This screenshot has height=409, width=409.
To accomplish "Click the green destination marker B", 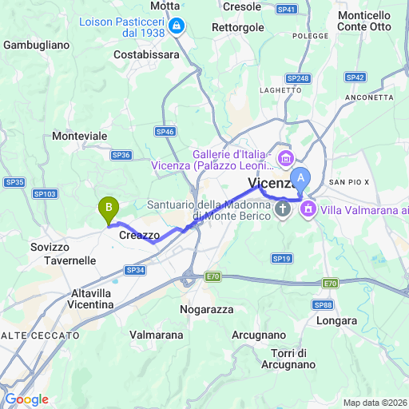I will tap(108, 209).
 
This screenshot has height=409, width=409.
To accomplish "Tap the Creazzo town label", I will tap(139, 236).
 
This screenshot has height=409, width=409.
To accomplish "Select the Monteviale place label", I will tap(79, 137).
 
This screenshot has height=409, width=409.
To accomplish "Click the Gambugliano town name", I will tap(37, 46).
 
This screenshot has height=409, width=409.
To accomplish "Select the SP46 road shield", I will tap(166, 132).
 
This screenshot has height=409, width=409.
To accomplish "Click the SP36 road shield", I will tap(121, 155).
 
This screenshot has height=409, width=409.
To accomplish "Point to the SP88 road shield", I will tap(323, 305).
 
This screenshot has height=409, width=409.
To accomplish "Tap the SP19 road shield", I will tap(280, 258).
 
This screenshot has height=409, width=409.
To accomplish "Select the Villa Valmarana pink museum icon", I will tap(308, 209).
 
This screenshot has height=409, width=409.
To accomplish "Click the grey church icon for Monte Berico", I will tap(282, 209).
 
